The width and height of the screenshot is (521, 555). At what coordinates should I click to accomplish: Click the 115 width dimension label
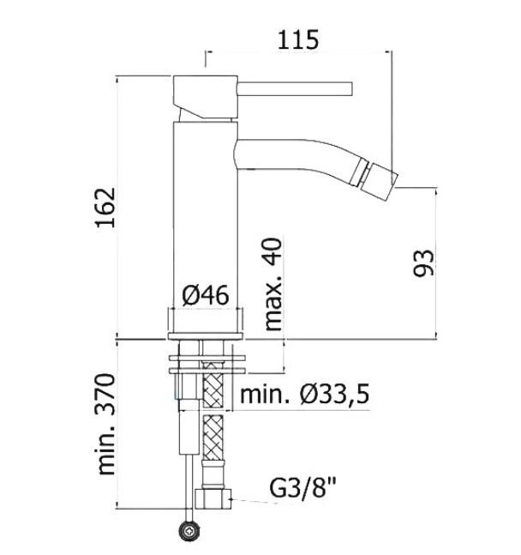pos(297,39)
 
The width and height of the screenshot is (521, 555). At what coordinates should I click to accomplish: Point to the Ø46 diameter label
pos(206,296)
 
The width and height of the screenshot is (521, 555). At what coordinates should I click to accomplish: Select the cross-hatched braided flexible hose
pos(215,429)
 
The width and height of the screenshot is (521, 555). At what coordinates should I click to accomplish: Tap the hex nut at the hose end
pos(213,497)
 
